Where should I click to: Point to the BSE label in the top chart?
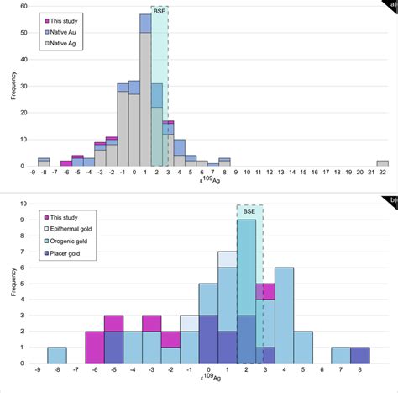tap(160, 13)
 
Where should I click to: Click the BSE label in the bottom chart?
tap(249, 212)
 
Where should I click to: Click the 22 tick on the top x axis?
tap(382, 173)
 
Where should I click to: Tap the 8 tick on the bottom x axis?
tap(359, 369)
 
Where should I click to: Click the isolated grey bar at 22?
tap(382, 162)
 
